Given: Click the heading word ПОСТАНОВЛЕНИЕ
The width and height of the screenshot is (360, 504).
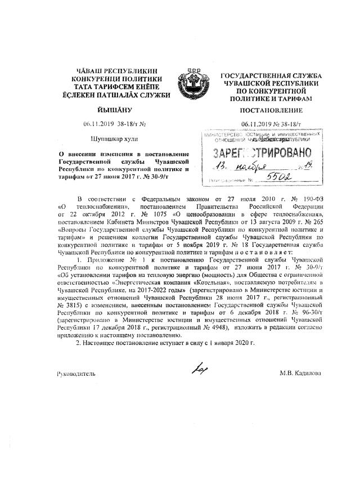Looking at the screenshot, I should [x=271, y=110].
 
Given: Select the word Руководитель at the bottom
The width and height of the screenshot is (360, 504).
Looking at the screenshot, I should [x=76, y=373].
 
